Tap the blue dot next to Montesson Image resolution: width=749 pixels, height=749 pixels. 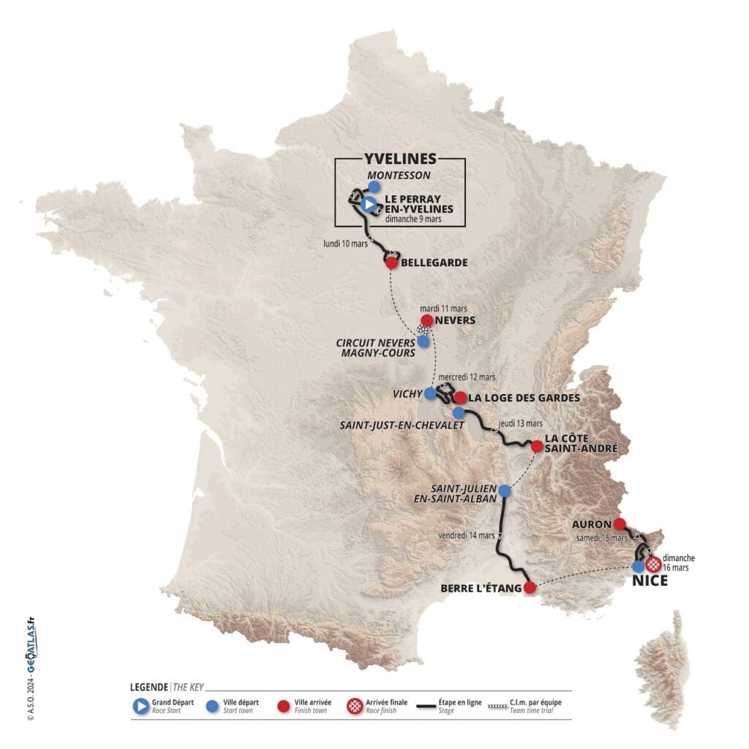[374, 187]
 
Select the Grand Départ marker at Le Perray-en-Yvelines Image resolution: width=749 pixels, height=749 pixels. [369, 206]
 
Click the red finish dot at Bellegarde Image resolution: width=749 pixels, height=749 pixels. [391, 263]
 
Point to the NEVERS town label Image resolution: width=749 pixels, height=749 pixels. [454, 320]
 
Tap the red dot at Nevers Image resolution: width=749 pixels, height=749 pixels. [426, 320]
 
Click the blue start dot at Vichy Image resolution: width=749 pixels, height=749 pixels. [430, 394]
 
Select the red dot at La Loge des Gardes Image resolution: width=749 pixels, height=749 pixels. [460, 398]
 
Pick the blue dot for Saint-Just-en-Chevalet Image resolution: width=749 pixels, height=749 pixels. [458, 413]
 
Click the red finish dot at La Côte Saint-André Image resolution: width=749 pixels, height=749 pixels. [537, 445]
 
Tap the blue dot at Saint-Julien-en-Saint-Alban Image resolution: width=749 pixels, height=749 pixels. [505, 491]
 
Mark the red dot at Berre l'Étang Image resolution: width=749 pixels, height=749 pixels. [531, 587]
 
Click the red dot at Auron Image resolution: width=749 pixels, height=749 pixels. [620, 523]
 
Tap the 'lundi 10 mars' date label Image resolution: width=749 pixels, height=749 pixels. [345, 244]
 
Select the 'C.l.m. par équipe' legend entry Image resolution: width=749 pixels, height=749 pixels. [536, 706]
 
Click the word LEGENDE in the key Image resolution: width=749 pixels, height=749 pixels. [148, 688]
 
